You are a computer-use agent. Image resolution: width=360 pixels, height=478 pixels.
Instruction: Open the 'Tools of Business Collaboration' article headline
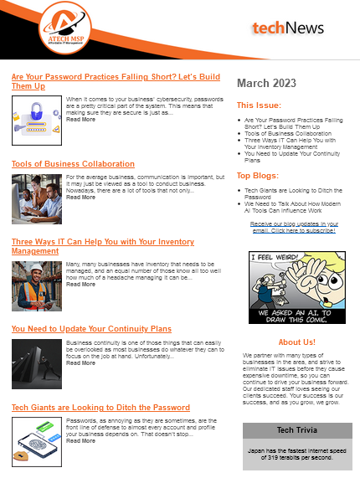pyautogui.click(x=73, y=164)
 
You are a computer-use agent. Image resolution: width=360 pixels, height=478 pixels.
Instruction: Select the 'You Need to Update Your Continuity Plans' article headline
pyautogui.click(x=91, y=329)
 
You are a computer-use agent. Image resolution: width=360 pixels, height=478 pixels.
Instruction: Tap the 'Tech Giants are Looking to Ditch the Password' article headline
pyautogui.click(x=100, y=408)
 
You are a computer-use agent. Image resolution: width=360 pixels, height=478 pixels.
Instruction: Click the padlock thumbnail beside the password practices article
pyautogui.click(x=36, y=120)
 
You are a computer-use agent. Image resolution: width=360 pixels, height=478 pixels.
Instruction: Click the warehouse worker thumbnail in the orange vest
pyautogui.click(x=36, y=285)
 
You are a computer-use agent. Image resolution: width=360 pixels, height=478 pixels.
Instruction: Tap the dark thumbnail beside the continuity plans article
pyautogui.click(x=36, y=364)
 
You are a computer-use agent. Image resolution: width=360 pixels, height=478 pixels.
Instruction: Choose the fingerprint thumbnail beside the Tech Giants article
pyautogui.click(x=36, y=443)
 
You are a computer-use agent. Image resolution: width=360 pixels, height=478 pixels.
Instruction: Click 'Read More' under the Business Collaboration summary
pyautogui.click(x=80, y=198)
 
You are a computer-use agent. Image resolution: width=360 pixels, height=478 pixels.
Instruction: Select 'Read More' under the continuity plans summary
pyautogui.click(x=80, y=363)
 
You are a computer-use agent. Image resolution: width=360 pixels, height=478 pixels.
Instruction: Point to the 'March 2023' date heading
pyautogui.click(x=266, y=83)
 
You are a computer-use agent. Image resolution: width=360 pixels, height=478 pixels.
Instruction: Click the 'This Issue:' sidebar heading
pyautogui.click(x=259, y=106)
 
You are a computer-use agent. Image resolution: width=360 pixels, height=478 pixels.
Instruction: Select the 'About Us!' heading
pyautogui.click(x=296, y=342)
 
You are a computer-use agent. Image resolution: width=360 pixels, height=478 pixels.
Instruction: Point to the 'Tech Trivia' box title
pyautogui.click(x=296, y=430)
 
